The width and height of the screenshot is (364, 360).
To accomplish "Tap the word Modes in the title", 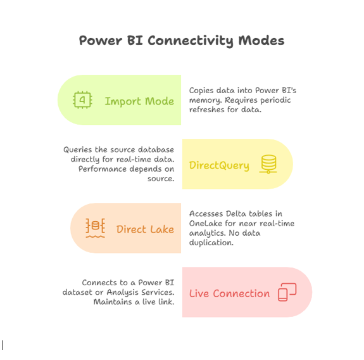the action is click(261, 41).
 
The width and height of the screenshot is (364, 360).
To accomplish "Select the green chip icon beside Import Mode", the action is click(82, 100).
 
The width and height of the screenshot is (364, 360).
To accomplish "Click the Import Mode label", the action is click(139, 101).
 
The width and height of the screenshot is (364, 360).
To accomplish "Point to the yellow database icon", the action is click(268, 164).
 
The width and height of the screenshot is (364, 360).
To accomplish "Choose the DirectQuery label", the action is click(219, 165).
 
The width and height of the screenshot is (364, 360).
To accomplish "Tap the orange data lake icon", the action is click(95, 228).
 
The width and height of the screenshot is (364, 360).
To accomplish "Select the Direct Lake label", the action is click(145, 229).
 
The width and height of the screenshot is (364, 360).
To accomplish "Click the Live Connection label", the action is click(230, 293).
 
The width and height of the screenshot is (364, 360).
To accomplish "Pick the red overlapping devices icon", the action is click(287, 292).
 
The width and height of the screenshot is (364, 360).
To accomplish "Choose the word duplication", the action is click(211, 243).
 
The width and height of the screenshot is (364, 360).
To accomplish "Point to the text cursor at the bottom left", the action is click(3, 345).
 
